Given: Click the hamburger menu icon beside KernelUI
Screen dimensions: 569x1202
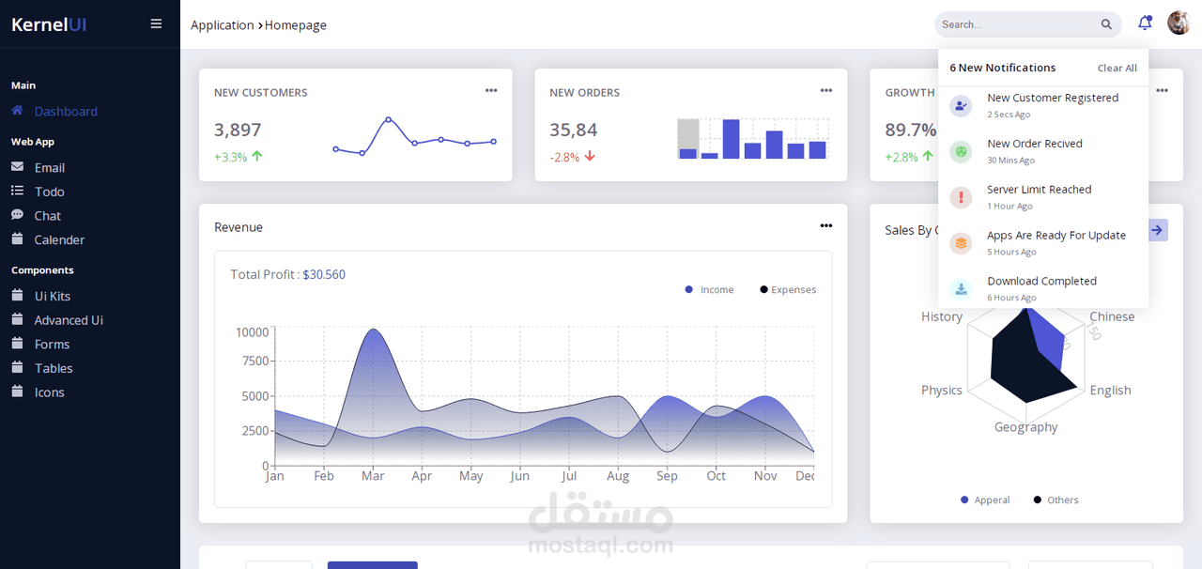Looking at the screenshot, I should [x=156, y=24].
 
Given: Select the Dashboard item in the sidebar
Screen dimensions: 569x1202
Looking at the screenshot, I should [x=65, y=111].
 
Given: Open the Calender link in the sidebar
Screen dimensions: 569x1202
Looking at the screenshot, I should [x=59, y=239].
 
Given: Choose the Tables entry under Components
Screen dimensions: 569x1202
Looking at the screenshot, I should [x=54, y=368].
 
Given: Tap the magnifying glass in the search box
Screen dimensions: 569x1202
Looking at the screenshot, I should [x=1106, y=24].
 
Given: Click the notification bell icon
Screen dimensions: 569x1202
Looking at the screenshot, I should [x=1144, y=23].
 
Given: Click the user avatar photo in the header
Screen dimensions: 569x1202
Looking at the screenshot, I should [x=1179, y=23].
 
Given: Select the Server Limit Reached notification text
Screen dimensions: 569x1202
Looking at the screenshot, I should [x=1039, y=190].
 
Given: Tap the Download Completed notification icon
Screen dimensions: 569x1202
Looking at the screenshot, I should [x=961, y=289].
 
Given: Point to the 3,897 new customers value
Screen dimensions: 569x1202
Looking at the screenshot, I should [x=238, y=130].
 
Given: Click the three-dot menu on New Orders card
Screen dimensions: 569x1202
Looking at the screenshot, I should [x=825, y=91].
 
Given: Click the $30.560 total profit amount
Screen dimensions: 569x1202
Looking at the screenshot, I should [x=324, y=274].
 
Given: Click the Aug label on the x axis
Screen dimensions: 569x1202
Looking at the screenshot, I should [x=618, y=476].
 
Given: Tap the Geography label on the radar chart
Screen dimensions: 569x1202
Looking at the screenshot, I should [x=1025, y=427].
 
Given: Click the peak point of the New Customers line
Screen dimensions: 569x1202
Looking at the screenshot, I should [x=388, y=119].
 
